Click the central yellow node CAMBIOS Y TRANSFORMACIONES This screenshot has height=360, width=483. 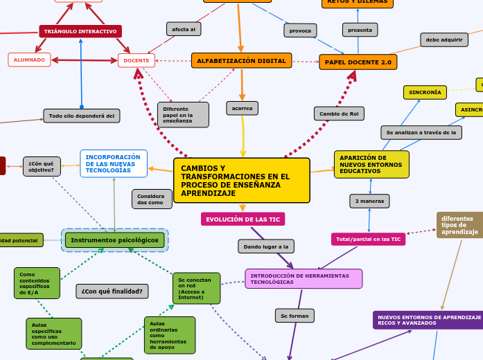pos(241,181)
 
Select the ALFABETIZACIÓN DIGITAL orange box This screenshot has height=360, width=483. pos(241,61)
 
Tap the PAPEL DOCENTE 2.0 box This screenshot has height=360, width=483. pos(358,62)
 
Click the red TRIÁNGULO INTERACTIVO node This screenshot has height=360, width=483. pos(80,32)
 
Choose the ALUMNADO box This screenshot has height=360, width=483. pos(29,60)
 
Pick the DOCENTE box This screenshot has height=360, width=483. pos(137,61)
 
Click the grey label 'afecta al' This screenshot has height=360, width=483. pos(184,29)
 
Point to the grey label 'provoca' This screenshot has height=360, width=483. pos(300,30)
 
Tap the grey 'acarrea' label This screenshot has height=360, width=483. pos(242,108)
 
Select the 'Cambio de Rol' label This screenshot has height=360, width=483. pos(339,113)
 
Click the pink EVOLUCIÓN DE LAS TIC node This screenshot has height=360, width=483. pos(243,219)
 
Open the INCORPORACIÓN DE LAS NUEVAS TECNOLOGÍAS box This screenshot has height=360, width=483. pos(114,163)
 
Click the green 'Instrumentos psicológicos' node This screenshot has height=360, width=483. pos(115,240)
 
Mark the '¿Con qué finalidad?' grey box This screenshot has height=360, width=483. pos(112,291)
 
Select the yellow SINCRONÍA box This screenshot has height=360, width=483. pos(425,92)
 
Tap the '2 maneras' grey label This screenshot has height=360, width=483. pos(369,201)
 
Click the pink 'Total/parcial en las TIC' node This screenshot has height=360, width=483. pos(368,239)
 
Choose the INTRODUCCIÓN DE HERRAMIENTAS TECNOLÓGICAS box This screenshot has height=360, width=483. pos(304,278)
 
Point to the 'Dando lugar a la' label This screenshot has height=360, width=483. pos(266,246)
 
